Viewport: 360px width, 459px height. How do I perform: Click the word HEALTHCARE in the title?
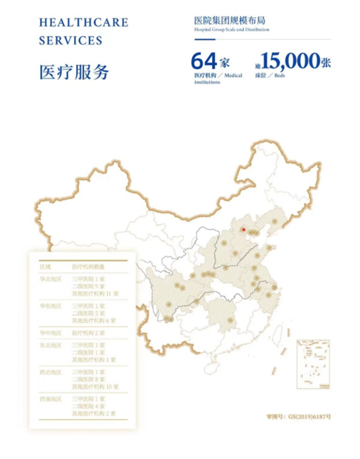(83, 23)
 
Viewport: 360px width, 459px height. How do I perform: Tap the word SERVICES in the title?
(70, 41)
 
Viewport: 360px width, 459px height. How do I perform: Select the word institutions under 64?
(206, 82)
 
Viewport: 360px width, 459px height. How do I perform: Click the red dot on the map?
(243, 230)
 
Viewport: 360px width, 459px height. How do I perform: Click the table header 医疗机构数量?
(90, 267)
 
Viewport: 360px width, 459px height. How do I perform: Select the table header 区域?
(45, 267)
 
